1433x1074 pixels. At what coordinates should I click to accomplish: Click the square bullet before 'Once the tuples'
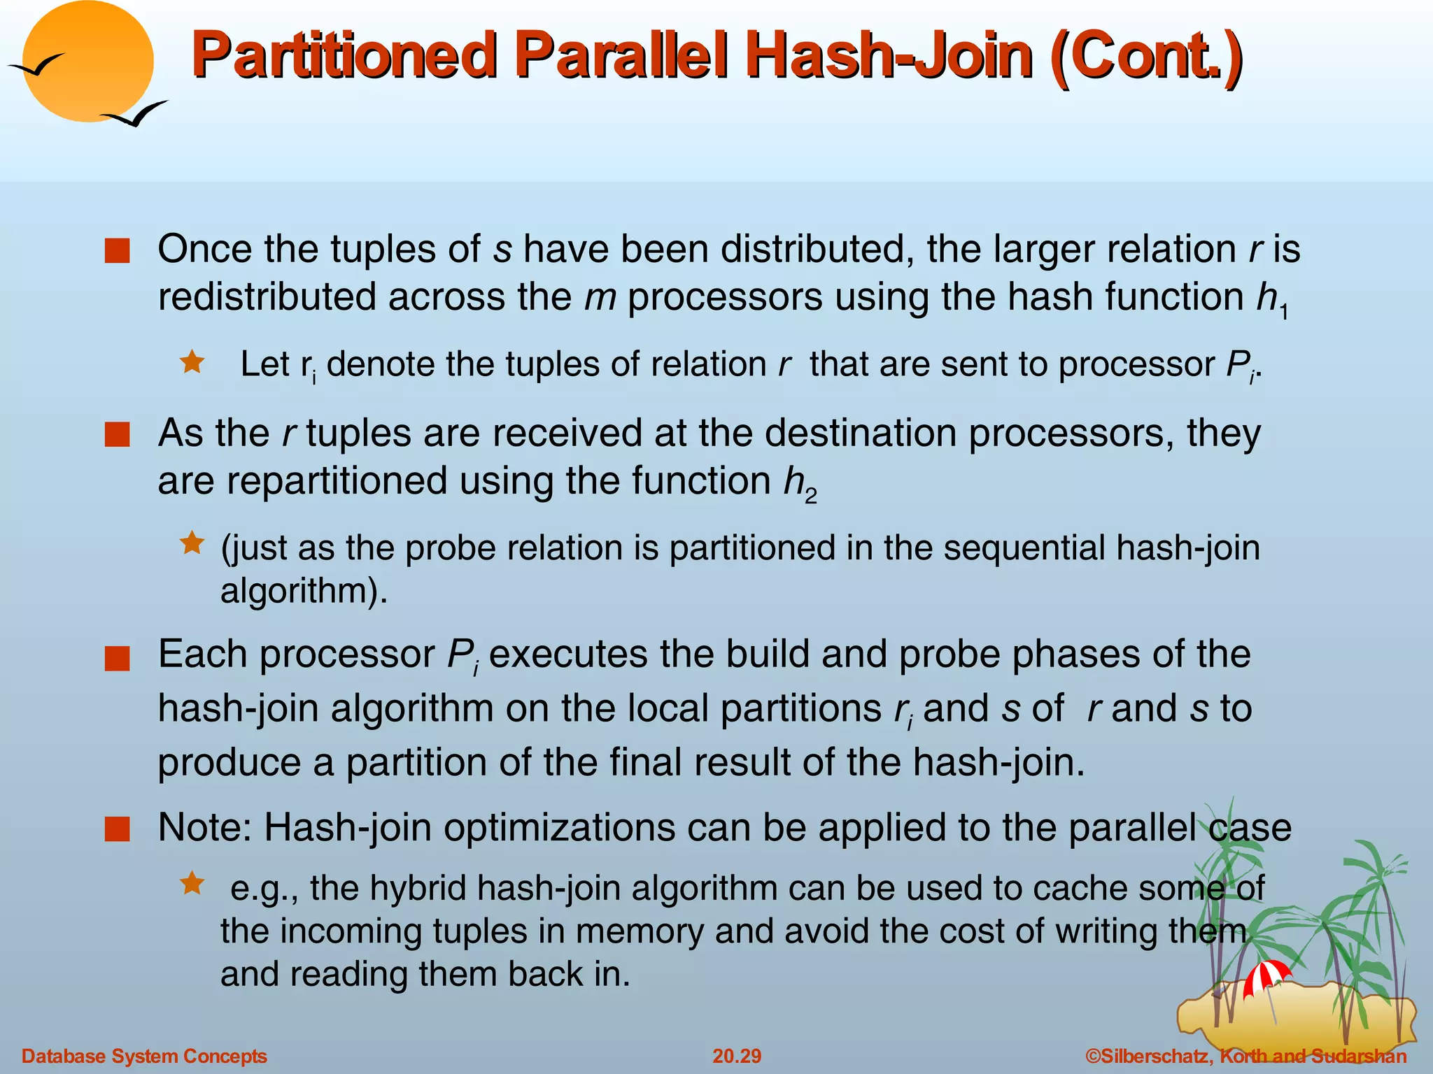pos(117,251)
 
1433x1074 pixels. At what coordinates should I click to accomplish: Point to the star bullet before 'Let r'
pos(192,362)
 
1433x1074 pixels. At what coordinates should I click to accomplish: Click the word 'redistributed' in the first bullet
pos(267,297)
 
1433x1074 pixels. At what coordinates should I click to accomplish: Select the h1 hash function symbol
pos(1271,299)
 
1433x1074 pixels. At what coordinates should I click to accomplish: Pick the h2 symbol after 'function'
pos(799,483)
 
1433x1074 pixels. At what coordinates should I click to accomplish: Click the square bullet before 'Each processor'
pos(117,659)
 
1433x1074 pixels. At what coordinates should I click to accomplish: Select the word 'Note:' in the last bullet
pos(204,828)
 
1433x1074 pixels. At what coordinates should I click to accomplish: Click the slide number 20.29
pos(737,1056)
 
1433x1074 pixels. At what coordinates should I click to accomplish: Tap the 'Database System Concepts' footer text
pos(144,1056)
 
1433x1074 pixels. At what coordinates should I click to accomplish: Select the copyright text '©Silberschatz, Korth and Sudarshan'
pos(1245,1056)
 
